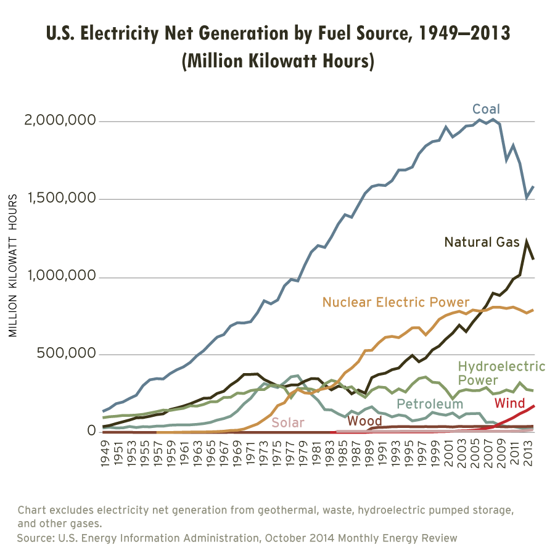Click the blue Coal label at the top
pyautogui.click(x=487, y=113)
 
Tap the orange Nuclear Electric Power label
pyautogui.click(x=395, y=302)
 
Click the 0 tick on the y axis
pyautogui.click(x=92, y=430)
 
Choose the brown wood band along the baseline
pyautogui.click(x=216, y=435)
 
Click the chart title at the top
pyautogui.click(x=290, y=52)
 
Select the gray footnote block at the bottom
pyautogui.click(x=284, y=529)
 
